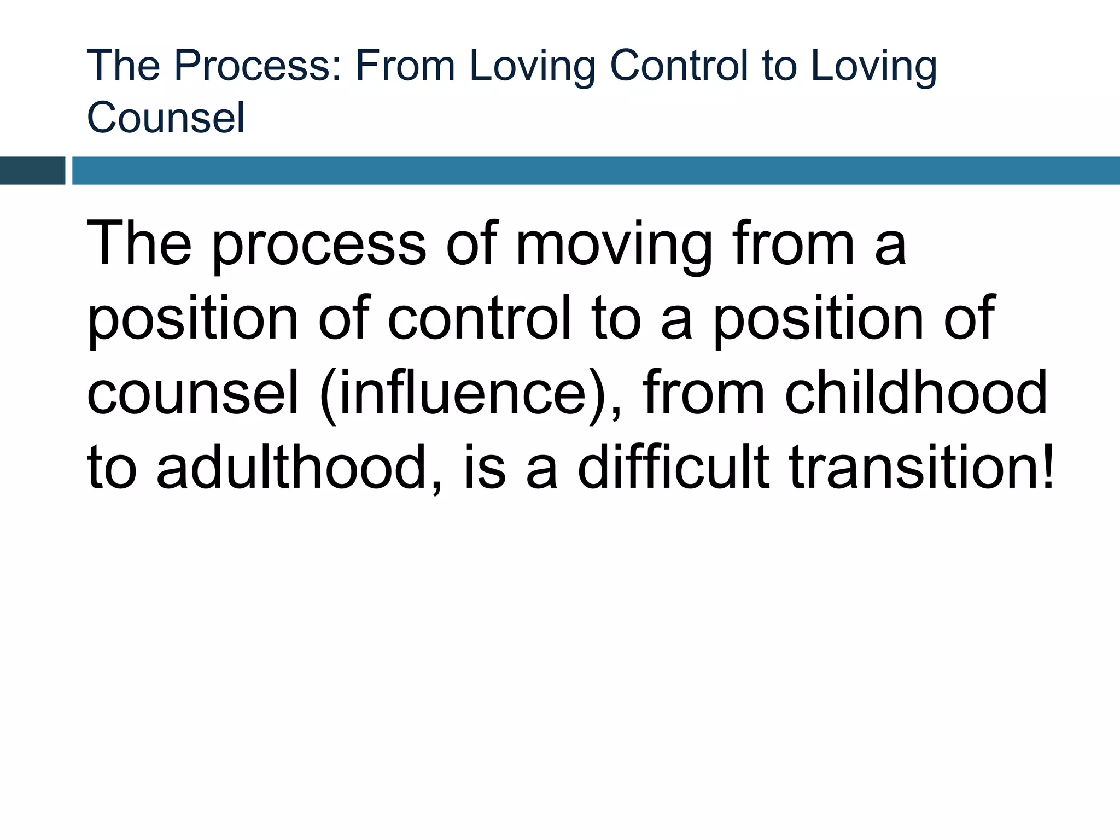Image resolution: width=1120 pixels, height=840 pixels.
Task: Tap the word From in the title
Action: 405,66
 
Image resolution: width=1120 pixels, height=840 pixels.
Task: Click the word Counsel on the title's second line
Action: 166,117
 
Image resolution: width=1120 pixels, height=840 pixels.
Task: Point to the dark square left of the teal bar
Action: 32,171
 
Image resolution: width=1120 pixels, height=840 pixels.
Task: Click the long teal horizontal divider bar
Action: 596,171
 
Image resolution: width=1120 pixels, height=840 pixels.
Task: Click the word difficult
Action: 673,468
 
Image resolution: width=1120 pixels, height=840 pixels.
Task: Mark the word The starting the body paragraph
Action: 139,244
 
